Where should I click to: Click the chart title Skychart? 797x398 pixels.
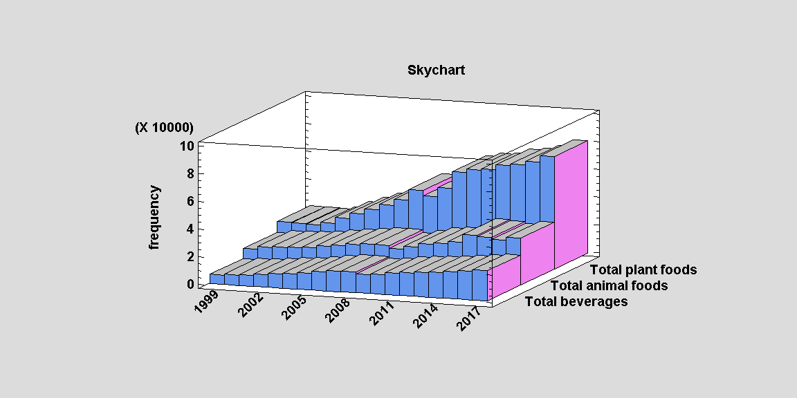tap(436, 70)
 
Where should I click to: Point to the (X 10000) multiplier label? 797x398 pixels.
tap(164, 128)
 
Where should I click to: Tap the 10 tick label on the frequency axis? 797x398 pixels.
tap(187, 146)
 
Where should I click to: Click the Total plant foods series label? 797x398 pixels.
tap(643, 269)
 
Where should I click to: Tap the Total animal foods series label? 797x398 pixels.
tap(609, 285)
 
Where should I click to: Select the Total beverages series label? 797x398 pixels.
tap(576, 301)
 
